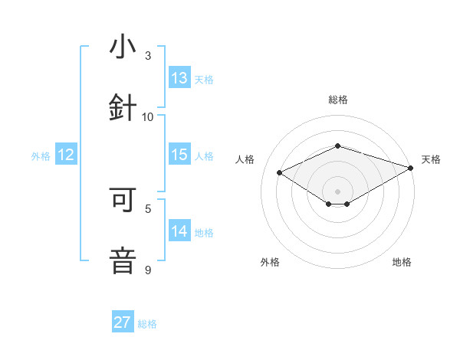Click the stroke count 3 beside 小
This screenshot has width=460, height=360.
(x=148, y=56)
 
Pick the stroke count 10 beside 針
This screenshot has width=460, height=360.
(x=148, y=116)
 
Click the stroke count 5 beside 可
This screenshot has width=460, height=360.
(x=148, y=208)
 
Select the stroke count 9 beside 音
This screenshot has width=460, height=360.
(x=148, y=269)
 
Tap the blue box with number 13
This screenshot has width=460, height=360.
(x=179, y=78)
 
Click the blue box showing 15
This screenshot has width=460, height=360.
(x=179, y=155)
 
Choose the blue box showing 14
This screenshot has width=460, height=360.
(x=179, y=231)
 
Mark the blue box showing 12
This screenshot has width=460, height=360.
(x=66, y=155)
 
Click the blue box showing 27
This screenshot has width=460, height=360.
(x=123, y=322)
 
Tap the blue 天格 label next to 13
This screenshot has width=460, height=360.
(x=204, y=80)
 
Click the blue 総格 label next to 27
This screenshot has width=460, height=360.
(x=147, y=324)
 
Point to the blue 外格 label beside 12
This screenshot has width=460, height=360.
(x=41, y=156)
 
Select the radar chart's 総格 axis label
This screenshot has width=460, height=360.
(x=338, y=100)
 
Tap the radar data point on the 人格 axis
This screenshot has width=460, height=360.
(x=280, y=173)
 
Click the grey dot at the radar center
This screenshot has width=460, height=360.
(x=338, y=191)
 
